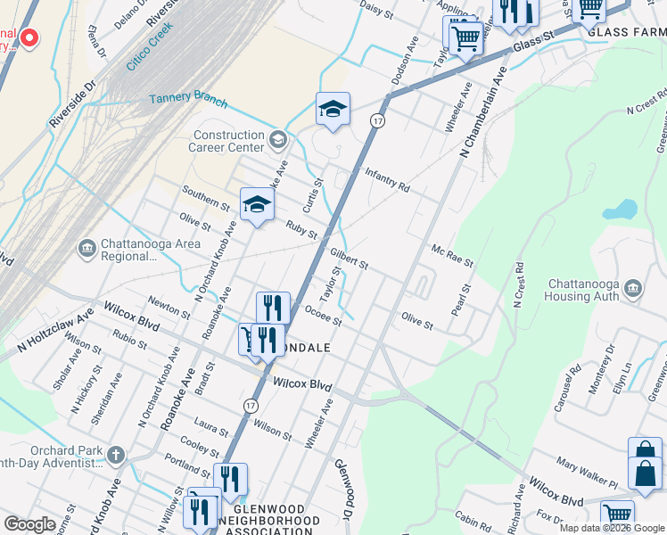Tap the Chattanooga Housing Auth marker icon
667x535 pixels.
(634, 288)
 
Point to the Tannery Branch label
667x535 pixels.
(188, 101)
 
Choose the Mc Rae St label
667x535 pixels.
(451, 257)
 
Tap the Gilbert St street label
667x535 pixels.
(349, 259)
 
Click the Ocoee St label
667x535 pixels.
(323, 315)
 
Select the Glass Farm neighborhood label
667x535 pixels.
(625, 32)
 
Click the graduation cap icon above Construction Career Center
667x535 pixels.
(333, 110)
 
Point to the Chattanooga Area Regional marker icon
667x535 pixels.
(87, 247)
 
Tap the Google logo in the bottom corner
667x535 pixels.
(29, 524)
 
